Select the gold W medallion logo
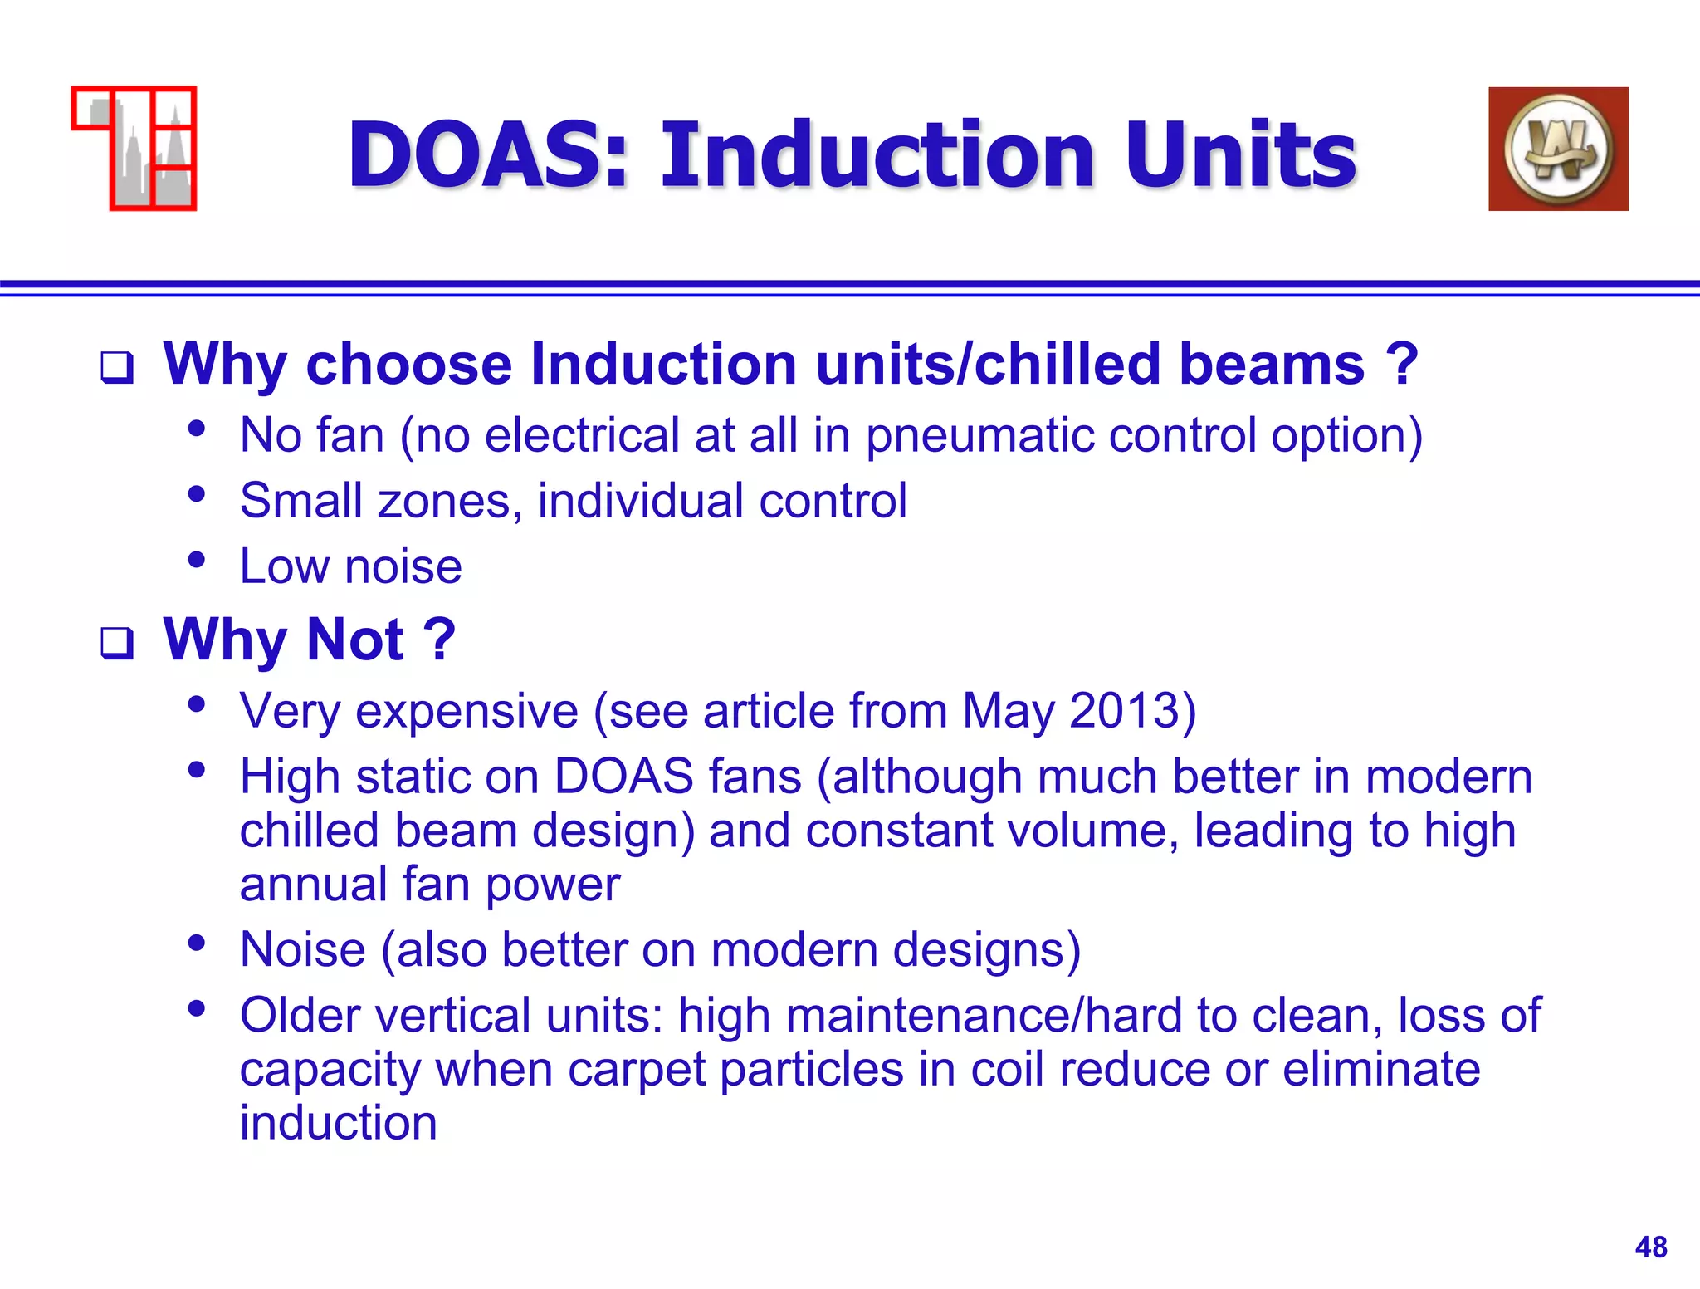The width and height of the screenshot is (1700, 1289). point(1558,149)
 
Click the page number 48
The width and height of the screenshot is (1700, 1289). point(1650,1247)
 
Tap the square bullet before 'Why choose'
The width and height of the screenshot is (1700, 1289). point(117,367)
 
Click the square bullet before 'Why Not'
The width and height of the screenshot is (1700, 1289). point(117,642)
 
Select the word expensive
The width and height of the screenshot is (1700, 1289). point(467,712)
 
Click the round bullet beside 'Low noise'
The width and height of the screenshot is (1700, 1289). point(197,560)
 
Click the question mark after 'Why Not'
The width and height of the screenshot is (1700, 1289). point(439,640)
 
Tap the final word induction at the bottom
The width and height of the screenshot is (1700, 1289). point(338,1123)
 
